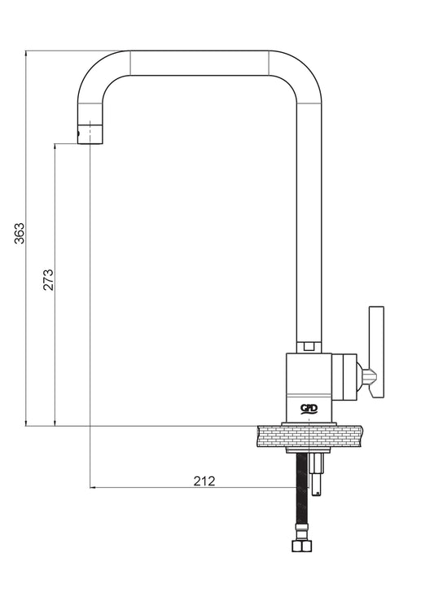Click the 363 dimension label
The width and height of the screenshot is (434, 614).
[20, 234]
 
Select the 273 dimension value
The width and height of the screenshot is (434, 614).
[48, 279]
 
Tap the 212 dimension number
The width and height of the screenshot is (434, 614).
[204, 481]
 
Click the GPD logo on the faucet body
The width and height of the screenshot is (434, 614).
[309, 409]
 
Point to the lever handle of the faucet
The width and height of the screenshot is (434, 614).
[376, 353]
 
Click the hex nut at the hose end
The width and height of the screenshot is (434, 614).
[301, 546]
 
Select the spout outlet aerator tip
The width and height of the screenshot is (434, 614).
[91, 134]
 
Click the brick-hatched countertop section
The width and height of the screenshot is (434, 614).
[309, 436]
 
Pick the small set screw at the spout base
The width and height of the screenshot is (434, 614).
[309, 346]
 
